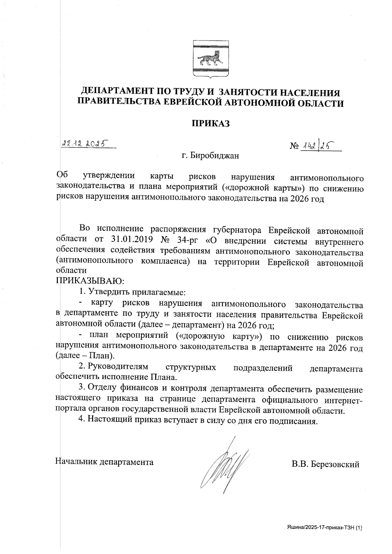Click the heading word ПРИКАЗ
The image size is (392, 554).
click(x=211, y=123)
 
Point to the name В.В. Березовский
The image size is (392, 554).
click(x=326, y=464)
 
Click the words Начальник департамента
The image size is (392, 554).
click(x=105, y=462)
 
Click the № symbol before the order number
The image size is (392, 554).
click(x=294, y=146)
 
